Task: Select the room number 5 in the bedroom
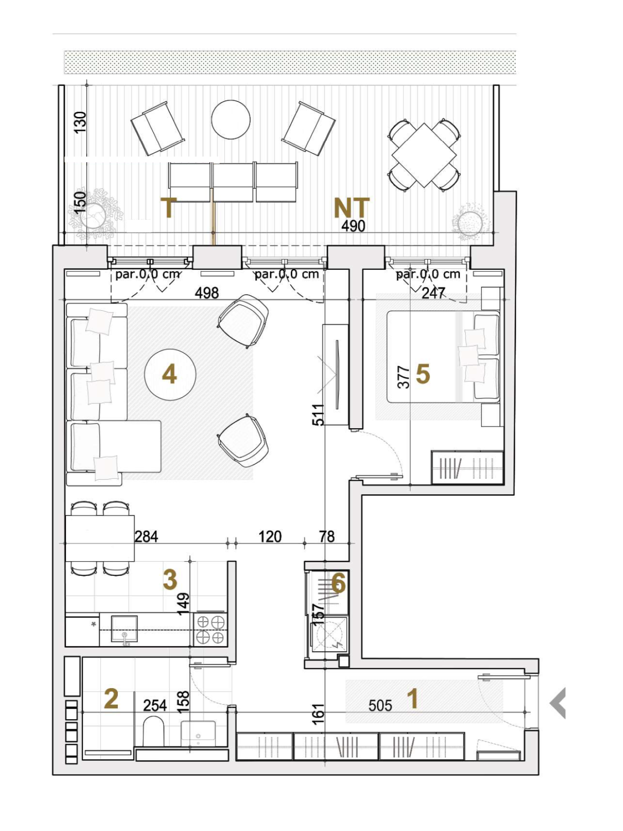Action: pyautogui.click(x=423, y=374)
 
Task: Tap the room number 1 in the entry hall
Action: pyautogui.click(x=414, y=699)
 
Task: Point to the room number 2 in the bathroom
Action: pyautogui.click(x=111, y=699)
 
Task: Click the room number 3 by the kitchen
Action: pyautogui.click(x=170, y=580)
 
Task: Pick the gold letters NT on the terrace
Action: pyautogui.click(x=353, y=208)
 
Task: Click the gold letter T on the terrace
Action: pyautogui.click(x=169, y=208)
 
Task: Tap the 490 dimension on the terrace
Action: pyautogui.click(x=354, y=226)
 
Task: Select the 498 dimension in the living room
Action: pyautogui.click(x=207, y=292)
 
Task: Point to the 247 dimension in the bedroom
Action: pyautogui.click(x=433, y=293)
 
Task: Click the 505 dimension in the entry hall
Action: pyautogui.click(x=381, y=705)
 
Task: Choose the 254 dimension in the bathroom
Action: pyautogui.click(x=155, y=705)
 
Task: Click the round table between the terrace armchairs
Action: pyautogui.click(x=231, y=120)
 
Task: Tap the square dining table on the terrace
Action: pyautogui.click(x=424, y=155)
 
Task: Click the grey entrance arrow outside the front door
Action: pyautogui.click(x=558, y=703)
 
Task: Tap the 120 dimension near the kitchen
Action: pyautogui.click(x=270, y=536)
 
